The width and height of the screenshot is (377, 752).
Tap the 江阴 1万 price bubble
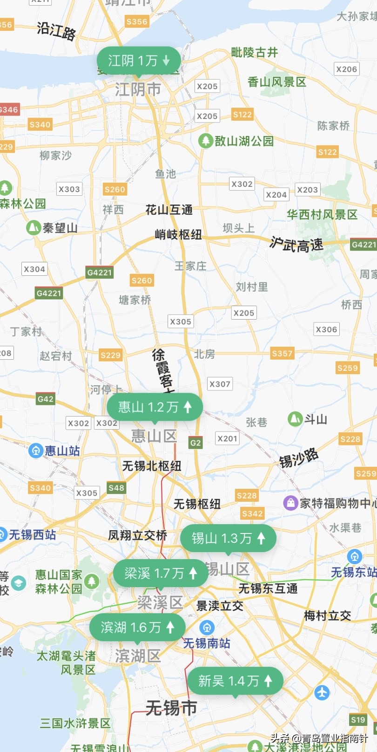[x=138, y=61]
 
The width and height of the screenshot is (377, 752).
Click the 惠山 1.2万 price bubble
[x=155, y=407]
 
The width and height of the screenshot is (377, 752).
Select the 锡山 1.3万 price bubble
[x=228, y=538]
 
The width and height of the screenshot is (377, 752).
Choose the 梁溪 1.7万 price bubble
[x=161, y=573]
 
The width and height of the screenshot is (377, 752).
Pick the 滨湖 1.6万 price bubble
[x=137, y=627]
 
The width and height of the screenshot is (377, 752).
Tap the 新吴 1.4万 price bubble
[x=235, y=681]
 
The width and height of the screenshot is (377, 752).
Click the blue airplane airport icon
[x=322, y=692]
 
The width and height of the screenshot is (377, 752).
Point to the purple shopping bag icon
[x=290, y=503]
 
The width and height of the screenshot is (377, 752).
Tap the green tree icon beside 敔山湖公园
[x=205, y=141]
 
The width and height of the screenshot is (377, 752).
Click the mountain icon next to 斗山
[x=295, y=419]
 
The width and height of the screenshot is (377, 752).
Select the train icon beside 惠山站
[x=36, y=451]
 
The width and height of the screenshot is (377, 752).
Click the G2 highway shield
[x=195, y=443]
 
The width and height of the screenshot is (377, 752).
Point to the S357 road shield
[x=282, y=353]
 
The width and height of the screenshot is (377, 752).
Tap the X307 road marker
[x=220, y=384]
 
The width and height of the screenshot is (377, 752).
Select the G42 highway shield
[x=45, y=399]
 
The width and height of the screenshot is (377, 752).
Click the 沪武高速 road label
[x=296, y=244]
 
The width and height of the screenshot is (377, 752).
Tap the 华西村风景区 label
[x=322, y=214]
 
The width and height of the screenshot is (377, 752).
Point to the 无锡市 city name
[x=171, y=708]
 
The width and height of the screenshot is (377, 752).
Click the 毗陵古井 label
[x=255, y=52]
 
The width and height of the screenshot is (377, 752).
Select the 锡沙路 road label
[x=299, y=458]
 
